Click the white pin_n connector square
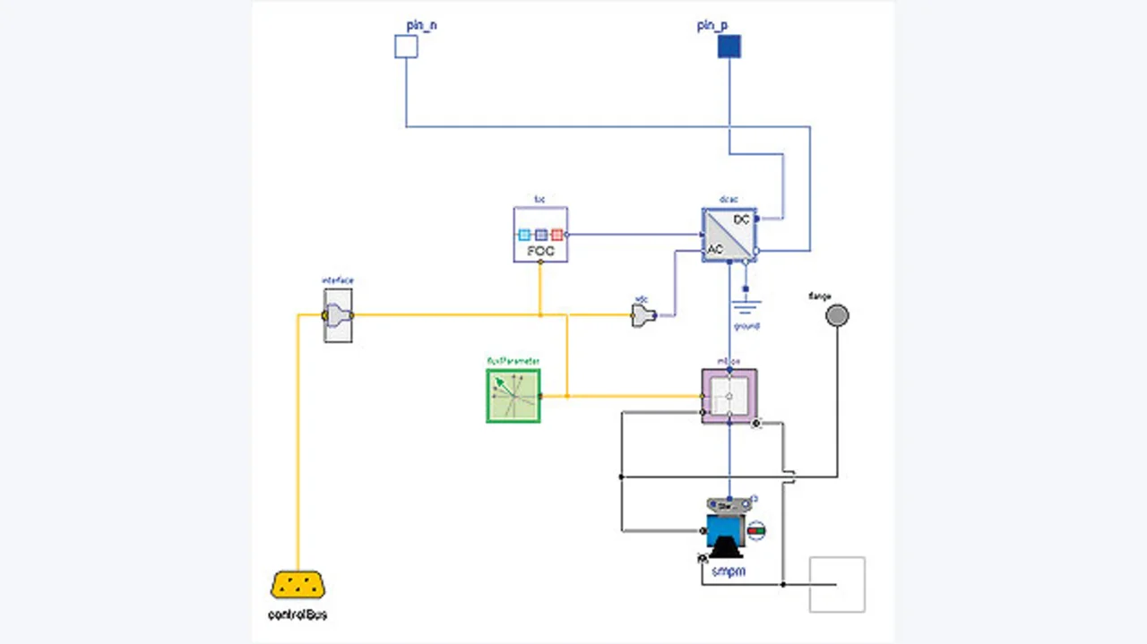click(406, 47)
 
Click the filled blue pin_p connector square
click(729, 47)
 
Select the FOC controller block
click(540, 235)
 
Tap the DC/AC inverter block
click(729, 235)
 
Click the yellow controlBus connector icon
click(298, 586)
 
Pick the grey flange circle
click(837, 315)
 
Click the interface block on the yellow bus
click(338, 315)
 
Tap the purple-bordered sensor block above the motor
click(729, 396)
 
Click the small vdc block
click(643, 315)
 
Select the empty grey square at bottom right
click(837, 585)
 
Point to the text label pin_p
click(712, 25)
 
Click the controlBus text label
click(298, 615)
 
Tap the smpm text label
click(728, 571)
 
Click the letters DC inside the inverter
click(741, 219)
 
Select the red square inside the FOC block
click(556, 235)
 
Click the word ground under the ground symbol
click(746, 326)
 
